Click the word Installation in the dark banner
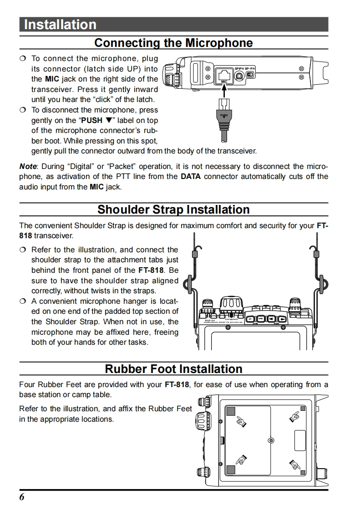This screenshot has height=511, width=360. click(x=60, y=25)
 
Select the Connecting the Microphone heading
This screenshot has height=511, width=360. click(x=173, y=43)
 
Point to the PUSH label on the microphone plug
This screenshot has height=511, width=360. click(x=223, y=116)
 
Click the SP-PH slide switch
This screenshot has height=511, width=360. click(x=250, y=74)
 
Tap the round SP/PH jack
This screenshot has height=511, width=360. click(x=239, y=75)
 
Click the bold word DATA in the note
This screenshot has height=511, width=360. click(x=191, y=177)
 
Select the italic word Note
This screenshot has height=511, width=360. click(x=28, y=166)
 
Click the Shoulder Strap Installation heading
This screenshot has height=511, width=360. click(x=173, y=210)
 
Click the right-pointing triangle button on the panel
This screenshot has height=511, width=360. click(x=283, y=319)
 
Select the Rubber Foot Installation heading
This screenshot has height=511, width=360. click(x=173, y=368)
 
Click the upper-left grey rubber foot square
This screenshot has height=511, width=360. click(x=231, y=411)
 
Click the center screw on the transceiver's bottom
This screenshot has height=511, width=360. click(x=271, y=440)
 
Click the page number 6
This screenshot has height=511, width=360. click(x=22, y=497)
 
